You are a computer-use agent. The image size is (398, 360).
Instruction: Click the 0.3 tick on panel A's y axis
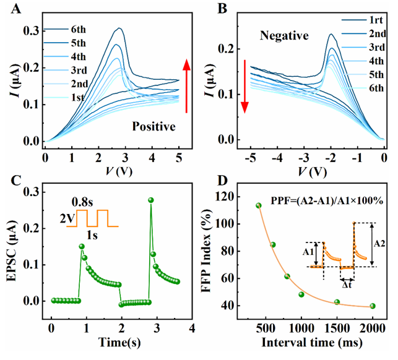28,30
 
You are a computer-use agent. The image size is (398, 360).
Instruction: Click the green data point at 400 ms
259,205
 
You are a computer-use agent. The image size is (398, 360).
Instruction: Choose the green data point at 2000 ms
373,306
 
